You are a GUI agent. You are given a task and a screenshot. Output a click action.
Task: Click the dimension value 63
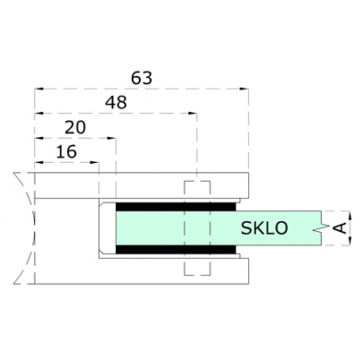pos(141,78)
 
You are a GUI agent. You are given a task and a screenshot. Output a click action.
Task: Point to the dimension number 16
pos(65,151)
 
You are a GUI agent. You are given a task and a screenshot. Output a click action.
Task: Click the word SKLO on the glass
pos(264,228)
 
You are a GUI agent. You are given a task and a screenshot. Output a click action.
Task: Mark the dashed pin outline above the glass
pos(196,191)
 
